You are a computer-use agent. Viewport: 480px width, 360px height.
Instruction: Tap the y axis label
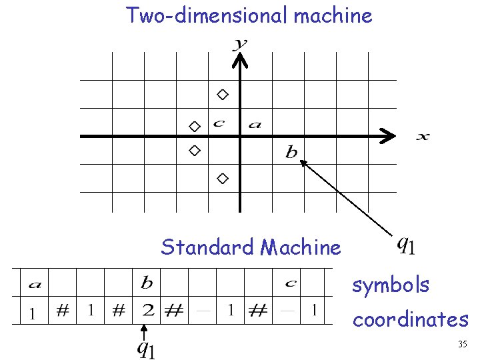(240, 44)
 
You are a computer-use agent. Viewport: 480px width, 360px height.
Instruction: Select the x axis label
(423, 137)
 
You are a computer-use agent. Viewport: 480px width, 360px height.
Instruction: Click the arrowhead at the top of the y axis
(240, 61)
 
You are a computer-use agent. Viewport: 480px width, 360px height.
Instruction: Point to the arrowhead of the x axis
(387, 137)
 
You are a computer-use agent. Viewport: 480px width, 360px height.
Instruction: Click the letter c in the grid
(218, 123)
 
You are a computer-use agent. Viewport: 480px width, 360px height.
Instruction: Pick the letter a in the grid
(255, 124)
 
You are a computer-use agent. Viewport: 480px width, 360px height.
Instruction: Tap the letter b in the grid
(291, 153)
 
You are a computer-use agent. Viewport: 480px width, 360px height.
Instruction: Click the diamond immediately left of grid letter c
(194, 126)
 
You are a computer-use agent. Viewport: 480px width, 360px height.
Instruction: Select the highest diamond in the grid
(223, 94)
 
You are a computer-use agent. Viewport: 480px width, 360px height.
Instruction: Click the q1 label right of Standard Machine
(406, 246)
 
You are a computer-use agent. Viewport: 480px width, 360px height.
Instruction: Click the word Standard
(208, 248)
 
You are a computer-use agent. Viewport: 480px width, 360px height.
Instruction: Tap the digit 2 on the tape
(147, 310)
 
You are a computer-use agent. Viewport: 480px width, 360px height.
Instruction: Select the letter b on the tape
(147, 283)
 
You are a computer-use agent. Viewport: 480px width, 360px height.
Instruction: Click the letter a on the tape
(33, 285)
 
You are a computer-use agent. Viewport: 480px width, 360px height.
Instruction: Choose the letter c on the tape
(291, 284)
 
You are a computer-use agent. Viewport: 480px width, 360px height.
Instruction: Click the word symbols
(391, 285)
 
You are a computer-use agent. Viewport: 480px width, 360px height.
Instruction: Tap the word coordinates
(410, 320)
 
